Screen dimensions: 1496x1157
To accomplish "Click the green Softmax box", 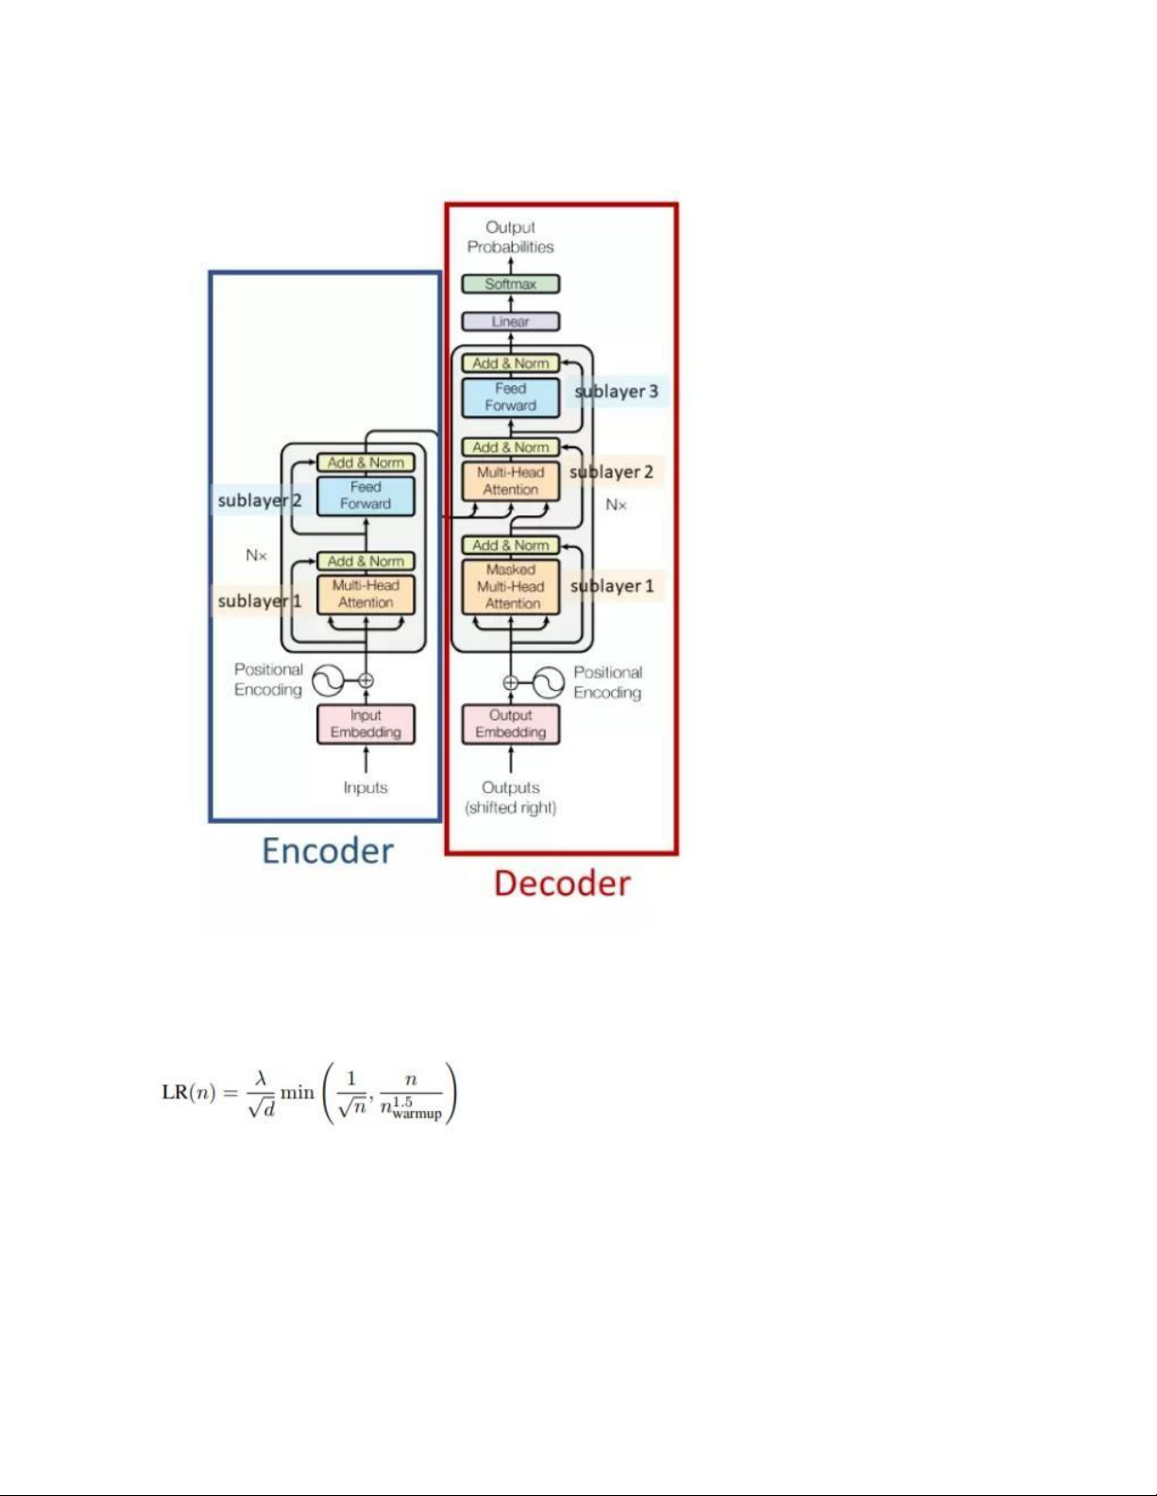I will pyautogui.click(x=510, y=284).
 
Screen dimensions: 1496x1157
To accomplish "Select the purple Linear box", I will pyautogui.click(x=510, y=322).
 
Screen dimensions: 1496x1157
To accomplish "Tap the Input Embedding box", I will pyautogui.click(x=366, y=724).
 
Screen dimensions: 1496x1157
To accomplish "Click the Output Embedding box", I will pyautogui.click(x=510, y=724).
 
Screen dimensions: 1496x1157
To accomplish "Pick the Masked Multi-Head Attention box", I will pyautogui.click(x=510, y=586).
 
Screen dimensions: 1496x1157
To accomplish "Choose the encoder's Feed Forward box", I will pyautogui.click(x=366, y=496).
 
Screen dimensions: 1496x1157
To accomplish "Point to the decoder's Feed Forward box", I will pyautogui.click(x=510, y=397).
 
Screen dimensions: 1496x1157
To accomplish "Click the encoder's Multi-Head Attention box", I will pyautogui.click(x=366, y=594).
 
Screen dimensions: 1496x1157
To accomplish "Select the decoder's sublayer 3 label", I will pyautogui.click(x=617, y=391).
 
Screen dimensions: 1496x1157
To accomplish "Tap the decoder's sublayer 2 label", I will pyautogui.click(x=612, y=472).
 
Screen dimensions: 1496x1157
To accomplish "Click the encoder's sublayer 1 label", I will pyautogui.click(x=259, y=600).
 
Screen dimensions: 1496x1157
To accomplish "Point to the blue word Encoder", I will pyautogui.click(x=328, y=851).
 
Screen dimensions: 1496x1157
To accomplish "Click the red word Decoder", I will pyautogui.click(x=562, y=883).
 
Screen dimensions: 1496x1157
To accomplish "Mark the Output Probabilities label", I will pyautogui.click(x=510, y=237).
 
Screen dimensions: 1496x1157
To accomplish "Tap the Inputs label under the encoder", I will pyautogui.click(x=366, y=787).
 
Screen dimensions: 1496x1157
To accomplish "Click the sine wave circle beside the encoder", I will pyautogui.click(x=328, y=681).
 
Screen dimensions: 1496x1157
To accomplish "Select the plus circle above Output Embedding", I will pyautogui.click(x=510, y=682).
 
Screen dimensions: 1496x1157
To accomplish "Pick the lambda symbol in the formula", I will pyautogui.click(x=262, y=1078).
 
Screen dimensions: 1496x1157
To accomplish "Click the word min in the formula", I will pyautogui.click(x=298, y=1093).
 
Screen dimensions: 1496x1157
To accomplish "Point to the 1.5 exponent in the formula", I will pyautogui.click(x=403, y=1101).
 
